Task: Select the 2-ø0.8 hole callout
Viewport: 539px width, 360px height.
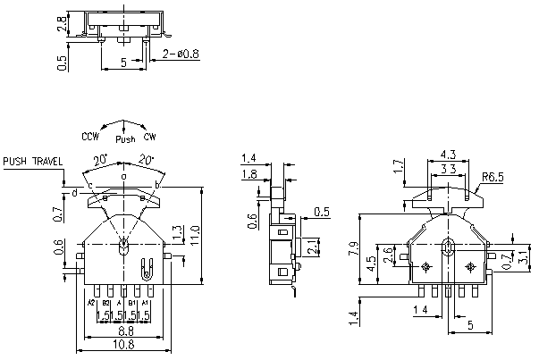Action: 181,54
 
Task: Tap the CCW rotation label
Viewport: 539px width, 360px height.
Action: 90,137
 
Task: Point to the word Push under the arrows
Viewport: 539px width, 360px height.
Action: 125,139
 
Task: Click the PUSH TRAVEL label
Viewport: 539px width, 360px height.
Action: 32,162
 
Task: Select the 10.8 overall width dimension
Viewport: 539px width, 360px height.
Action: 122,344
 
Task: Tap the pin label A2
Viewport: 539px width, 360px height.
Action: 91,303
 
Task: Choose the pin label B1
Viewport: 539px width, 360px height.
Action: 131,303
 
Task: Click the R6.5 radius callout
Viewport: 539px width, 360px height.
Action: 492,178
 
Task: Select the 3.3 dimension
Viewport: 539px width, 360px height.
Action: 449,168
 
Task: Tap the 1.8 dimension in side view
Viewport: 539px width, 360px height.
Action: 248,174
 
